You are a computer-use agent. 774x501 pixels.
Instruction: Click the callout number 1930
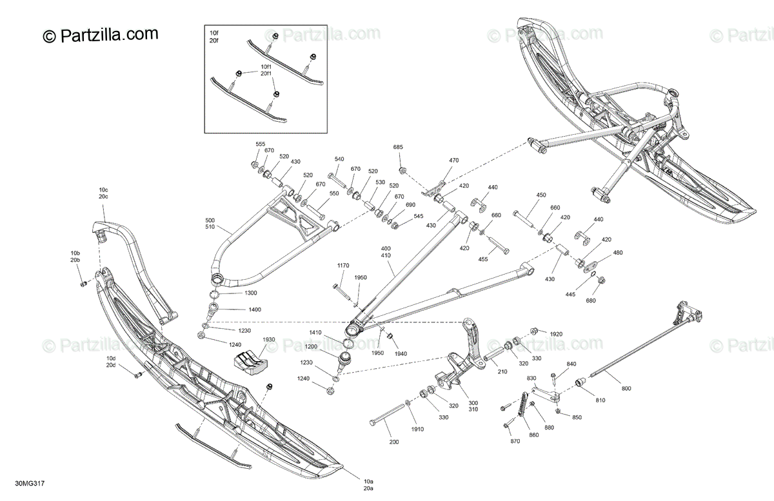(x=269, y=340)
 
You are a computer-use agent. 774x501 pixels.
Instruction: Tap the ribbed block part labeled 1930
(x=251, y=363)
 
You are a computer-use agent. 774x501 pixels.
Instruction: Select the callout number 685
(x=398, y=147)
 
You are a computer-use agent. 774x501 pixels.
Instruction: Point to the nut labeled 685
(x=402, y=170)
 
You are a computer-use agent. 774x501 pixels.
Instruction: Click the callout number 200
(x=394, y=442)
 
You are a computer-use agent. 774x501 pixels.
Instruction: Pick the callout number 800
(x=626, y=389)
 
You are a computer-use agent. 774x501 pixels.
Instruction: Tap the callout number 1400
(x=255, y=309)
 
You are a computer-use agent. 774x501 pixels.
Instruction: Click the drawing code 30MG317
(x=30, y=484)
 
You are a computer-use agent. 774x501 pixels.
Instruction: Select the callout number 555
(x=260, y=144)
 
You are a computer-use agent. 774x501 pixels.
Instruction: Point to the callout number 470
(x=453, y=161)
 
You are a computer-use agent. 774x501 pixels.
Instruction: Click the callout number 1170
(x=343, y=266)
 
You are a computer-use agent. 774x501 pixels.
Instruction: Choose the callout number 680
(x=591, y=301)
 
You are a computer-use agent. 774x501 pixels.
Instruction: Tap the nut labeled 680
(x=601, y=280)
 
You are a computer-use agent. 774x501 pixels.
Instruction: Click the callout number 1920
(x=556, y=334)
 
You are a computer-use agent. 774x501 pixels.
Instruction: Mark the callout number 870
(x=515, y=441)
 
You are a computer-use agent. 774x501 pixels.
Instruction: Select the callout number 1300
(x=250, y=293)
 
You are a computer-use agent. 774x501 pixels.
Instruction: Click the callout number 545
(x=419, y=216)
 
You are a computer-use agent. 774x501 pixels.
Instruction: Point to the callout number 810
(x=600, y=400)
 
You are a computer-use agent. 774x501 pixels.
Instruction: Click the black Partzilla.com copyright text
(x=101, y=35)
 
